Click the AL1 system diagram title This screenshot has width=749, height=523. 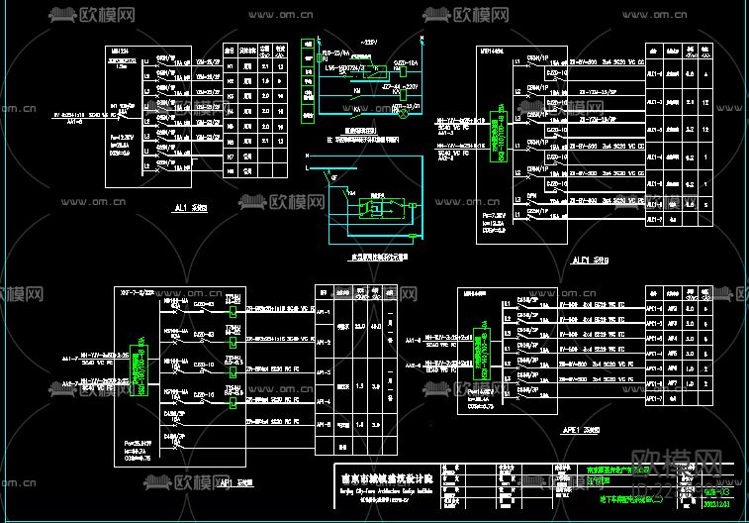click(184, 210)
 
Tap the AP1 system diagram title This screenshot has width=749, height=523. click(234, 484)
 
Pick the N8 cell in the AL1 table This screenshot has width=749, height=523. click(230, 168)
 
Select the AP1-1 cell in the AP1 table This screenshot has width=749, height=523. click(322, 309)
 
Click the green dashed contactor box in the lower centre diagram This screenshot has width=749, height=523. click(376, 208)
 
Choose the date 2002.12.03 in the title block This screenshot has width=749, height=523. click(719, 505)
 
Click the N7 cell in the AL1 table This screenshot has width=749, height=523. click(230, 155)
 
